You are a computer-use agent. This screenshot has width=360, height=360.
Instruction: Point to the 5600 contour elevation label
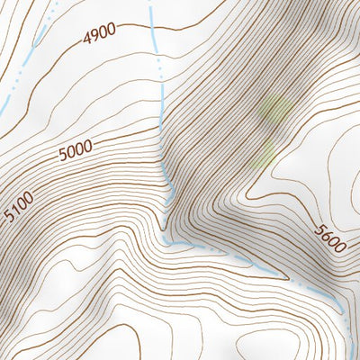(x=329, y=240)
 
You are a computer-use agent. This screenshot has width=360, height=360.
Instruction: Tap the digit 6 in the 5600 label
(x=325, y=236)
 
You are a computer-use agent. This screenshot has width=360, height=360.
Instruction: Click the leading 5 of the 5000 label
(x=62, y=156)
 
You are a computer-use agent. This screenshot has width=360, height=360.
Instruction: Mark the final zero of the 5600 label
(x=340, y=251)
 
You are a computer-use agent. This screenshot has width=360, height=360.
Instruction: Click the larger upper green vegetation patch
(x=274, y=112)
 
